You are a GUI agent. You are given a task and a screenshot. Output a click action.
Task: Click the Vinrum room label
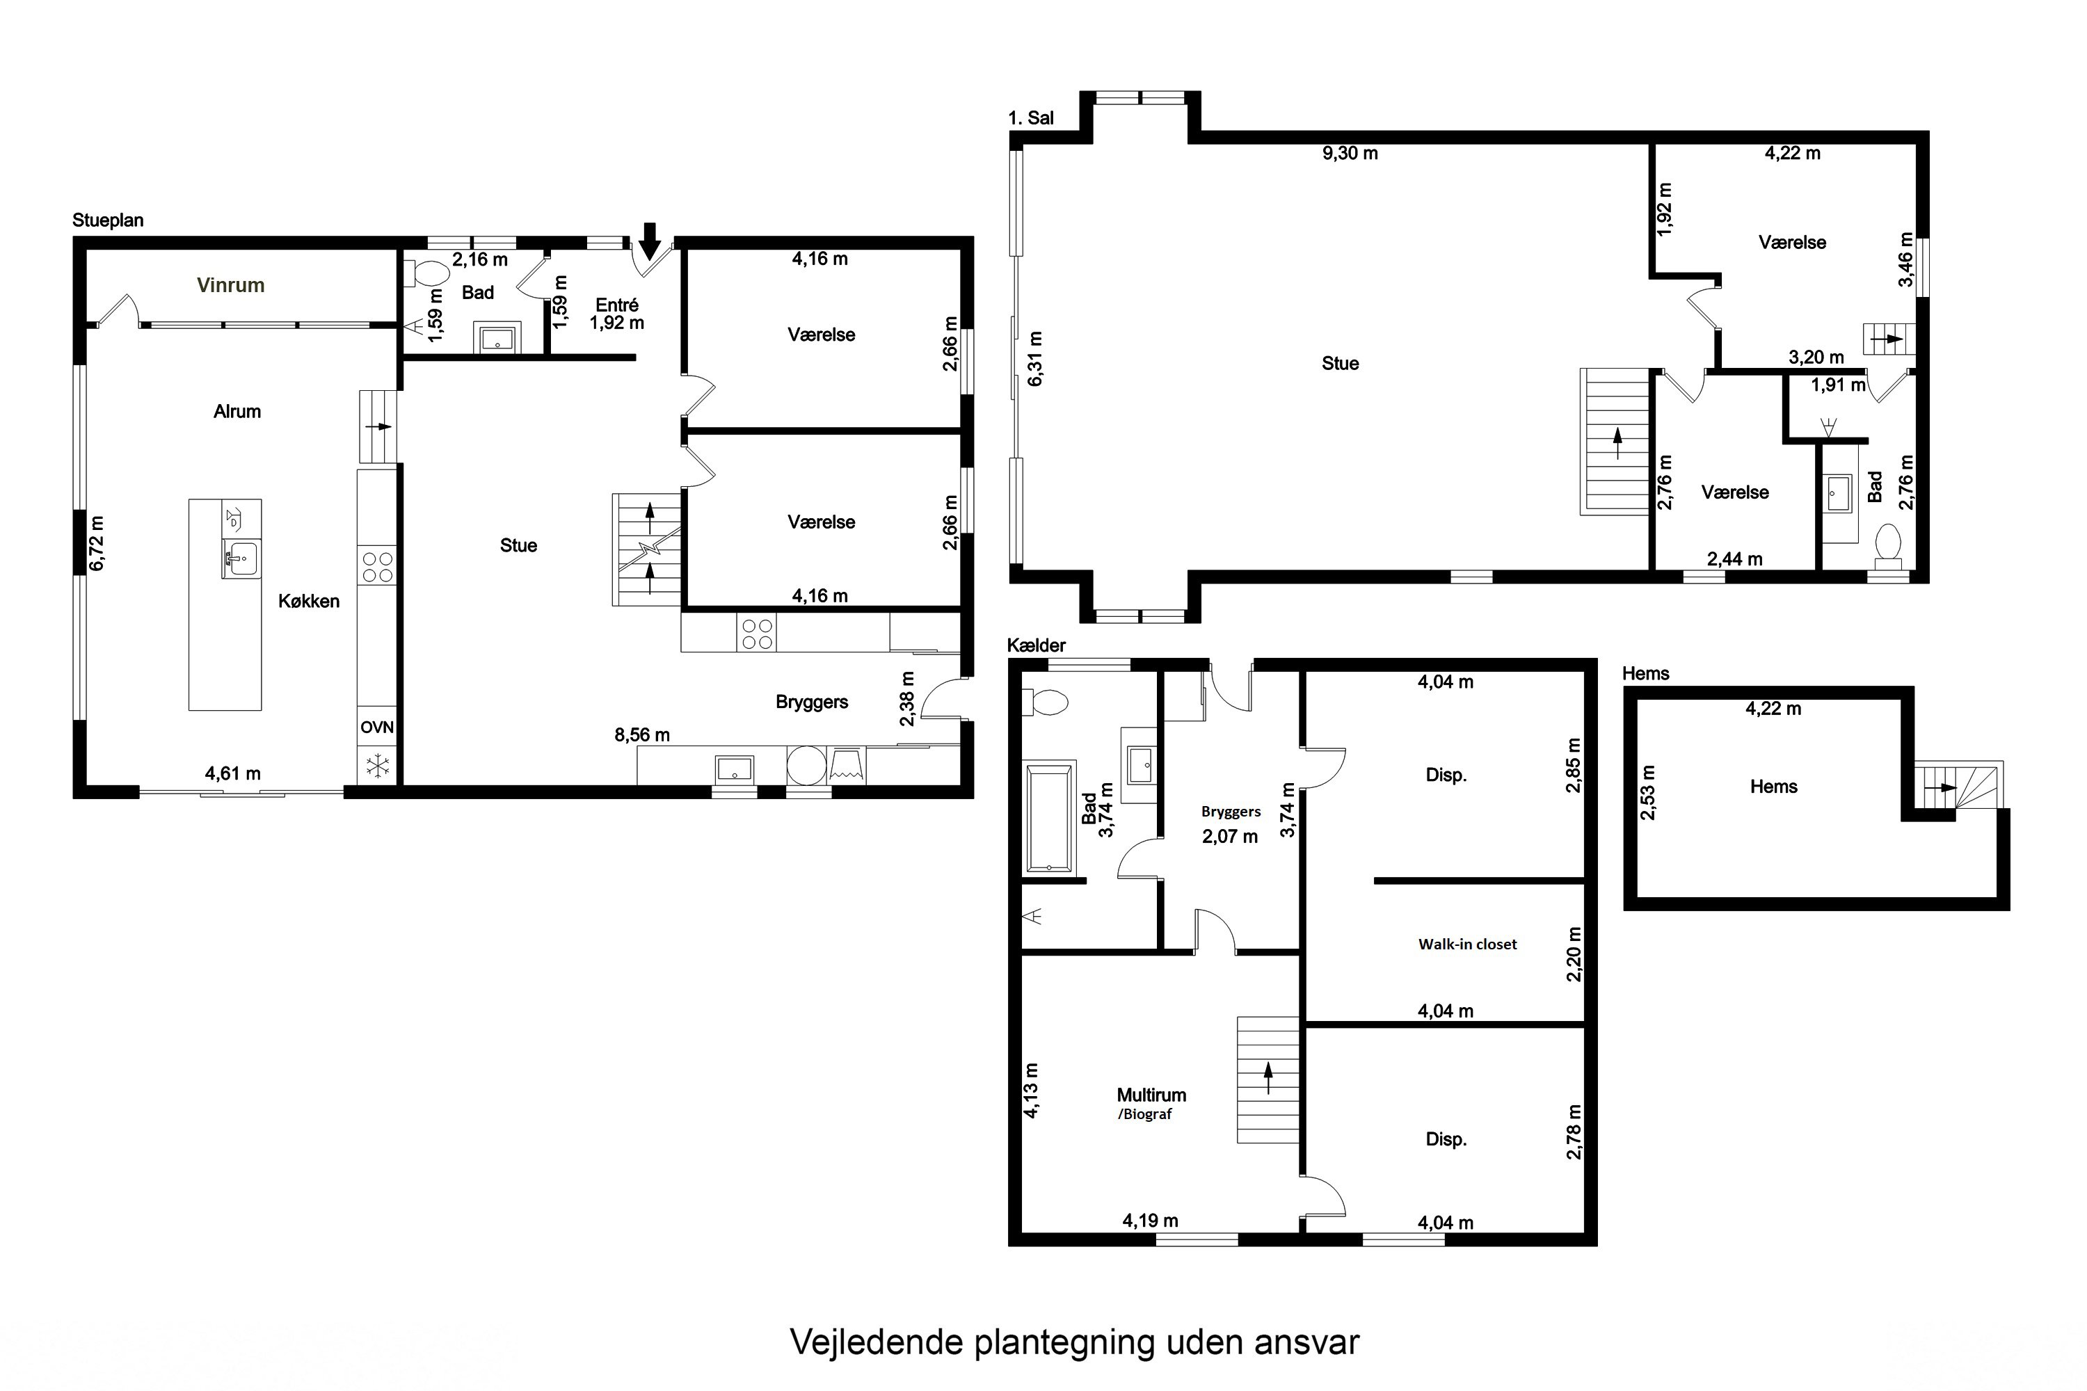pyautogui.click(x=231, y=284)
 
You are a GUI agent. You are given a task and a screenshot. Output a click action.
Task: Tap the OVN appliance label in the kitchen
pyautogui.click(x=376, y=727)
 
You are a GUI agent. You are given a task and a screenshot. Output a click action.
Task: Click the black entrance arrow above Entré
pyautogui.click(x=650, y=239)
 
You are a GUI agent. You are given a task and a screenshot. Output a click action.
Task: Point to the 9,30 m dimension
pyautogui.click(x=1350, y=154)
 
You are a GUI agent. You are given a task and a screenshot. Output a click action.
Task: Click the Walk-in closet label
pyautogui.click(x=1468, y=944)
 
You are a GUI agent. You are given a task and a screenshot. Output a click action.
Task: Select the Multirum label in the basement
pyautogui.click(x=1151, y=1095)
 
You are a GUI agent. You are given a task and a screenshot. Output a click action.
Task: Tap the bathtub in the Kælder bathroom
pyautogui.click(x=1050, y=817)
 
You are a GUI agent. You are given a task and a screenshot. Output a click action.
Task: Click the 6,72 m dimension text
pyautogui.click(x=97, y=543)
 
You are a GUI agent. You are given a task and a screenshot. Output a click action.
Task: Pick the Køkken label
pyautogui.click(x=309, y=602)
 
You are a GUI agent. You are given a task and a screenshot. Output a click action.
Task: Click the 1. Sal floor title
pyautogui.click(x=1031, y=118)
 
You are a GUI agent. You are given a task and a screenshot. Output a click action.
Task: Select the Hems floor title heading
pyautogui.click(x=1646, y=673)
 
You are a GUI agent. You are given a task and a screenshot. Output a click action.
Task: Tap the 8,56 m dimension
pyautogui.click(x=642, y=734)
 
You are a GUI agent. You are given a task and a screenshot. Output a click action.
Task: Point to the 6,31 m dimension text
pyautogui.click(x=1036, y=358)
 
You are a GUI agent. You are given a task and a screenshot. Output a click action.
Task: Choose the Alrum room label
pyautogui.click(x=237, y=412)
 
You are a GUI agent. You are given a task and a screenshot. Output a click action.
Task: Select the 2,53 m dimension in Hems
pyautogui.click(x=1648, y=792)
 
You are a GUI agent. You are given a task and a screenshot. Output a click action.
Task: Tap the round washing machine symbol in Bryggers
pyautogui.click(x=806, y=764)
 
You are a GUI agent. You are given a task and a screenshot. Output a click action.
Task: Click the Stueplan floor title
pyautogui.click(x=109, y=220)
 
